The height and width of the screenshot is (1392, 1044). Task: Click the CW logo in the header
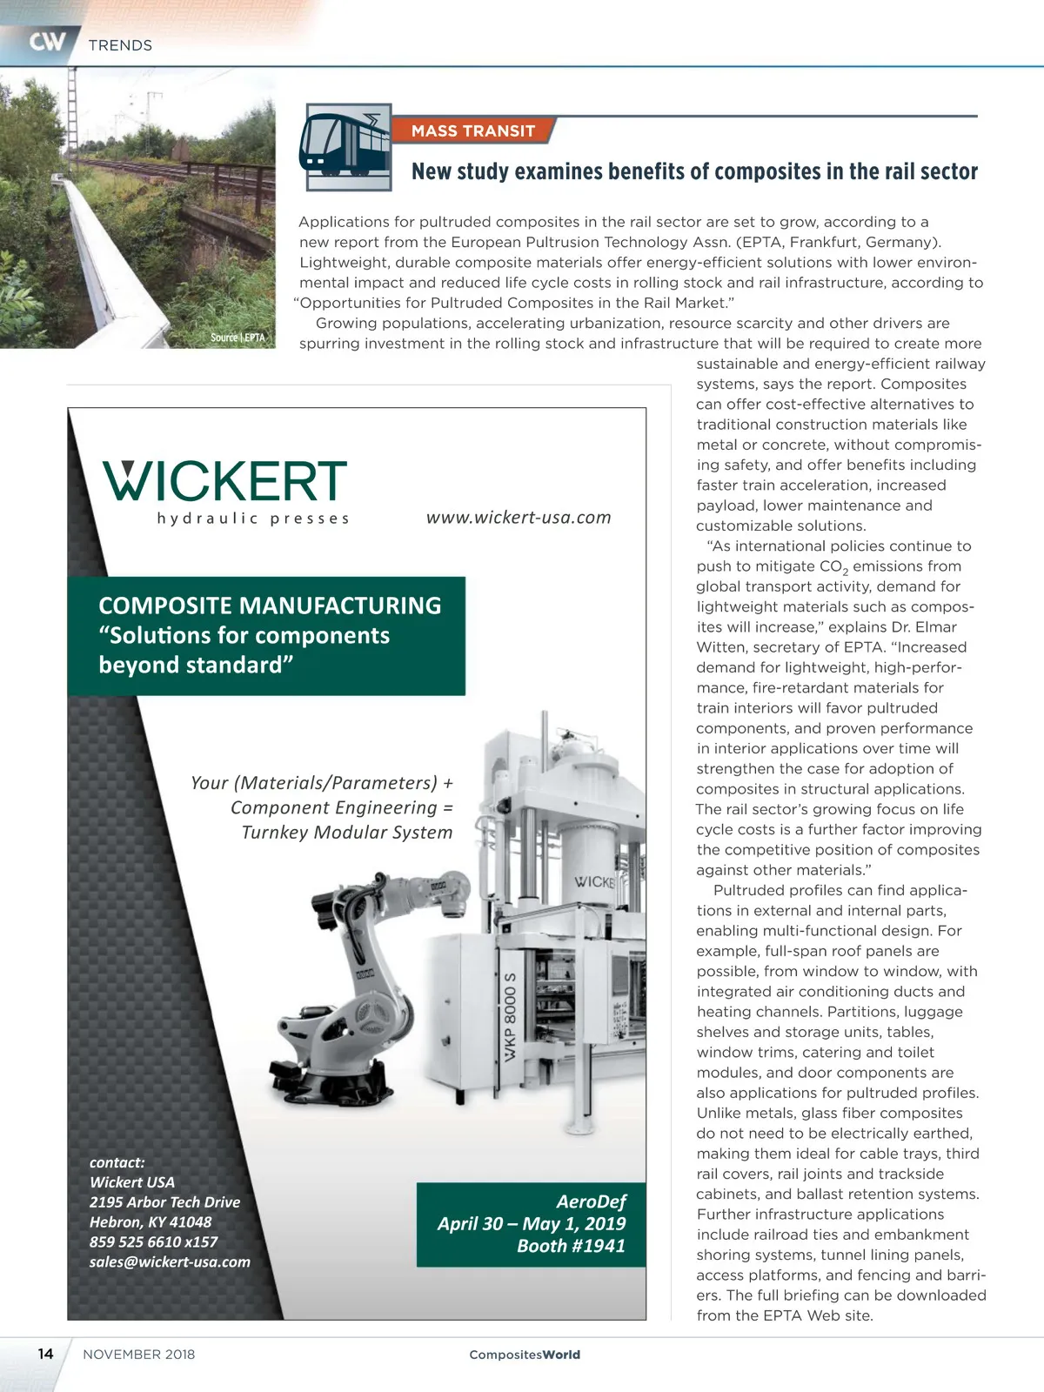(x=47, y=42)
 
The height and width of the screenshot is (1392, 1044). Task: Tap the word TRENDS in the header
(x=120, y=45)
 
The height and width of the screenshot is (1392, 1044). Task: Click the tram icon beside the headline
(x=346, y=146)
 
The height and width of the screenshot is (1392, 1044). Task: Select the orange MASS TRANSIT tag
(x=472, y=130)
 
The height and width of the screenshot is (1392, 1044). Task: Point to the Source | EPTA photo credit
(x=238, y=338)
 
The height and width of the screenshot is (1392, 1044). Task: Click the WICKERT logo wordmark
(x=225, y=481)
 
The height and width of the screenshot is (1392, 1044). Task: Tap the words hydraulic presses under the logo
(x=253, y=519)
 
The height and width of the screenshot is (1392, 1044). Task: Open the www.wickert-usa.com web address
(x=519, y=517)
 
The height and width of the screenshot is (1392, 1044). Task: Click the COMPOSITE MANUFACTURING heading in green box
(x=270, y=606)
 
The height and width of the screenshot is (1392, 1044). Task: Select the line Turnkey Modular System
(x=346, y=833)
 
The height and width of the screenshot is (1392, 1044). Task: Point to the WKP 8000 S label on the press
(x=511, y=1016)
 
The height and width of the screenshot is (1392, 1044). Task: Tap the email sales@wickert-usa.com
(x=170, y=1261)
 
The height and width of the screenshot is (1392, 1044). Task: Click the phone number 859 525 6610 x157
(x=153, y=1241)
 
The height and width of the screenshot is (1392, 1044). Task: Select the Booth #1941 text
(x=571, y=1246)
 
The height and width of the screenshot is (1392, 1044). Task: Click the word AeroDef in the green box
(x=591, y=1201)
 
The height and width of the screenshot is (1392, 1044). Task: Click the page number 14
(x=45, y=1354)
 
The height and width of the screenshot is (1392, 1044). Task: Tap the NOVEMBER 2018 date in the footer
(x=139, y=1355)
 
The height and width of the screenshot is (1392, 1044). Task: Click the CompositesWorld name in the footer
(x=525, y=1355)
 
